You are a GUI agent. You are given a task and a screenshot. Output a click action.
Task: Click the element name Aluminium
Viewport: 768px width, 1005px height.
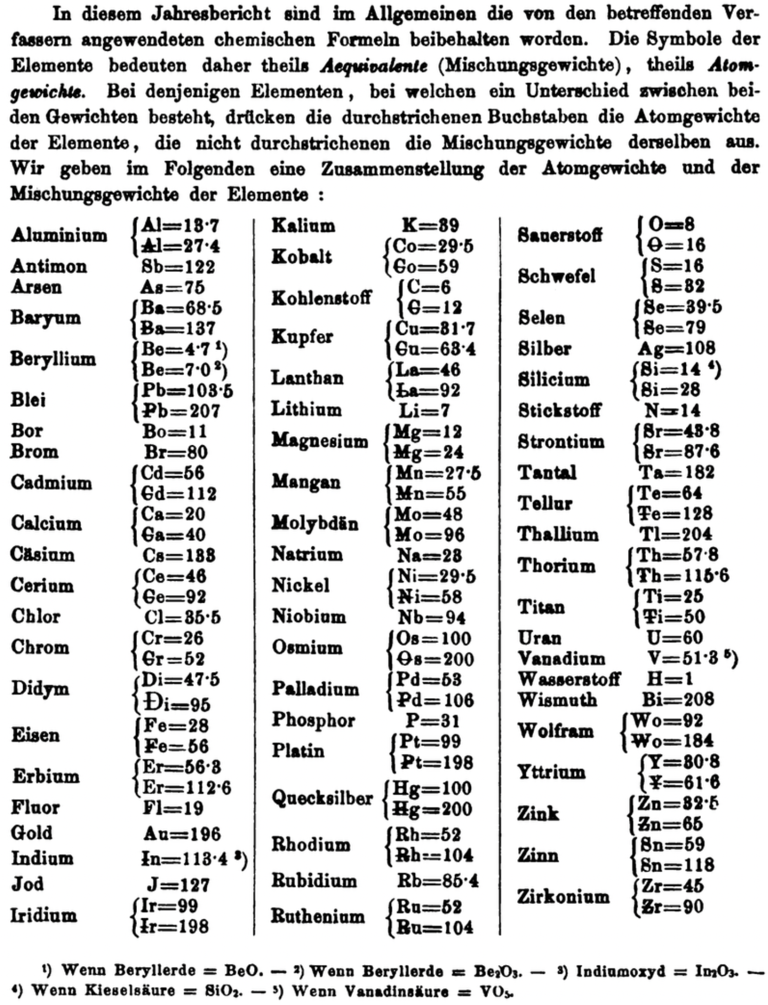(59, 235)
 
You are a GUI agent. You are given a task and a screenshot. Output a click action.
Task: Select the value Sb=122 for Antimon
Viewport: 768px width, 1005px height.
(178, 267)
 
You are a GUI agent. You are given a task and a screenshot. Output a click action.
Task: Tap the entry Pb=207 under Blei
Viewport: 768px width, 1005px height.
(181, 411)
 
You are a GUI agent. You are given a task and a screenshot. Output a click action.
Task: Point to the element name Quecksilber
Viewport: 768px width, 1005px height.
(322, 798)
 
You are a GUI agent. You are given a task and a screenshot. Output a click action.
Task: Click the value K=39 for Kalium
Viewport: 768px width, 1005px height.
(430, 225)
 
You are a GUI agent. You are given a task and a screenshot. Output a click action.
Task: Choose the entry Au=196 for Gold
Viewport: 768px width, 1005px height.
(182, 834)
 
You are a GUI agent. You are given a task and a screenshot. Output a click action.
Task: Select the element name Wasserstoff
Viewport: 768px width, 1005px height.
(569, 679)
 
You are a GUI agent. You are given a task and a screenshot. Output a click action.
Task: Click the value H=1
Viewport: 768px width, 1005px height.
(670, 679)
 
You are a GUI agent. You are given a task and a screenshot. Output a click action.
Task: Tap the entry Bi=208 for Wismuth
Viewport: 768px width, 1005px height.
(678, 699)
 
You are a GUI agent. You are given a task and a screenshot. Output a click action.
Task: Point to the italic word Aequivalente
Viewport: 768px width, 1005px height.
(373, 66)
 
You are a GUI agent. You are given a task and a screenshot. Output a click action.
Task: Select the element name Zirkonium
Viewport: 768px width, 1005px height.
(563, 896)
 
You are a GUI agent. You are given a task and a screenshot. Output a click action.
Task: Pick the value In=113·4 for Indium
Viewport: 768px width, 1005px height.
(185, 859)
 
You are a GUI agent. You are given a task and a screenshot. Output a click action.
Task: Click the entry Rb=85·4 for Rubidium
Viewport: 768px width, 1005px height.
(438, 881)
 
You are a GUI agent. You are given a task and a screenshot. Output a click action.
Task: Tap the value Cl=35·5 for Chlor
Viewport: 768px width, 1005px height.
(182, 617)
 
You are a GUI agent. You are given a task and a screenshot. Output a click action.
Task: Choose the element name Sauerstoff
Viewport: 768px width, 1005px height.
(560, 235)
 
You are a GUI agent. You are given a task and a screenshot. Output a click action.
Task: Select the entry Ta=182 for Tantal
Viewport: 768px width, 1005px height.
(677, 472)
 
